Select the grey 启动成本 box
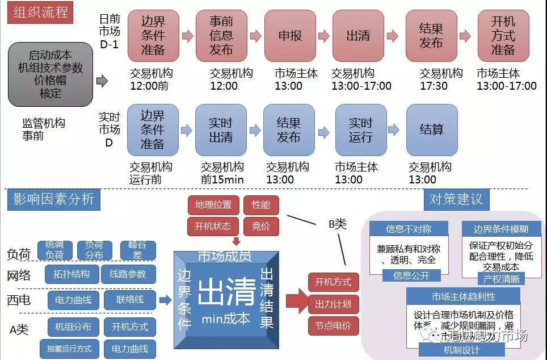pyautogui.click(x=51, y=74)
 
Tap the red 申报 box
pyautogui.click(x=290, y=36)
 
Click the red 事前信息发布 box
pyautogui.click(x=221, y=36)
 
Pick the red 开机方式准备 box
pyautogui.click(x=503, y=36)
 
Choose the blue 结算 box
pyautogui.click(x=431, y=129)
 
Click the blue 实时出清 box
pyautogui.click(x=221, y=129)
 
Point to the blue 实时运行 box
pyautogui.click(x=360, y=129)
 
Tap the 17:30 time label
pyautogui.click(x=434, y=86)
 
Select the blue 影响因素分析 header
pyautogui.click(x=54, y=199)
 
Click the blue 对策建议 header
pyautogui.click(x=456, y=199)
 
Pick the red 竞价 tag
pyautogui.click(x=261, y=226)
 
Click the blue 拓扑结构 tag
pyautogui.click(x=69, y=274)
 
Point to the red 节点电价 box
pyautogui.click(x=333, y=326)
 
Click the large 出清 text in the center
pyautogui.click(x=226, y=291)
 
